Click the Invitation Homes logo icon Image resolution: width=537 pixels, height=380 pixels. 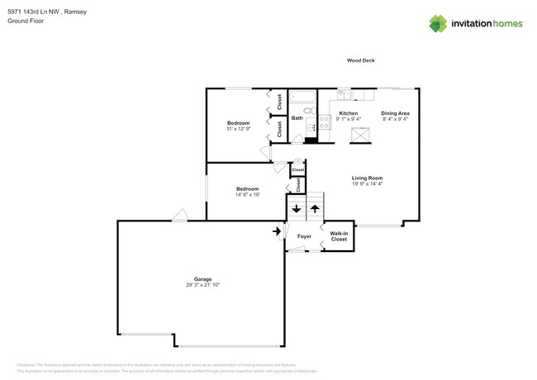438,23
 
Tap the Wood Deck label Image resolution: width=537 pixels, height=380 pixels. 360,60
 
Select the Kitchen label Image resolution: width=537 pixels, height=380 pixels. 348,113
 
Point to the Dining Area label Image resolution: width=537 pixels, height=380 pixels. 395,113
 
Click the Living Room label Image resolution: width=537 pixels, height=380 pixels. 367,178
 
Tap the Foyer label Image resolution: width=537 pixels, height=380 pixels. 304,236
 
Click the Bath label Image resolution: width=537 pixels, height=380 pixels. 297,118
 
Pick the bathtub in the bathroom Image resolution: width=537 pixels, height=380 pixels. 300,95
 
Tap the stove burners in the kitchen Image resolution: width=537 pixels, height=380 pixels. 312,127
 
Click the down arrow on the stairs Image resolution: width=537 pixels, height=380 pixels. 297,209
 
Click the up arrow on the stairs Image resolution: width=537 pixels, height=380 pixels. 315,209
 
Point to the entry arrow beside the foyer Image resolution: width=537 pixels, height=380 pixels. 276,231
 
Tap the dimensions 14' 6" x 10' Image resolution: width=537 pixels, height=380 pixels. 247,195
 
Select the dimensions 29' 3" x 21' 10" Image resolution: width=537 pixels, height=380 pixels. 202,285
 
